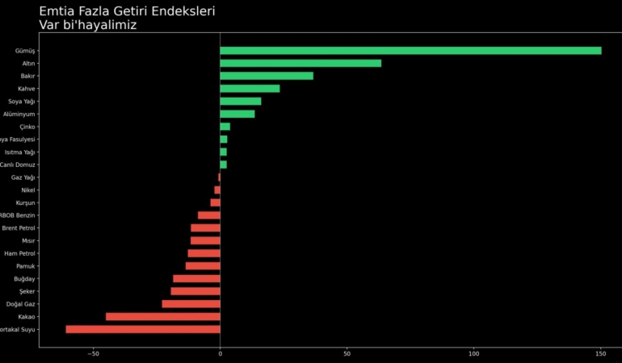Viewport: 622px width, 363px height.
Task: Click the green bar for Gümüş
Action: tap(410, 51)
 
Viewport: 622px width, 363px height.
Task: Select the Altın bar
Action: tap(300, 63)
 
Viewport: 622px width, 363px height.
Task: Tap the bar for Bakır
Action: tap(267, 76)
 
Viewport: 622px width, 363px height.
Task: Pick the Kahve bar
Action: tap(250, 89)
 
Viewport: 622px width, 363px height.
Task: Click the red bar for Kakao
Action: tap(162, 317)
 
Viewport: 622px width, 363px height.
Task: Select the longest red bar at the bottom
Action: tap(143, 329)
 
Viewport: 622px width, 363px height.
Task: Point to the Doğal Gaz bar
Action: tap(191, 304)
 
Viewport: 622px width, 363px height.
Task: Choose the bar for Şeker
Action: tap(195, 291)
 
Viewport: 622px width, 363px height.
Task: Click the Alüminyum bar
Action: tap(237, 114)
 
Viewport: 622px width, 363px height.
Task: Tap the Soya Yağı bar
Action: tap(241, 101)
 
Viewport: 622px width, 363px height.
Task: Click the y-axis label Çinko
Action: tap(27, 127)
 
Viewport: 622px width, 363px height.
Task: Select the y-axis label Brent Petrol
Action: tap(19, 228)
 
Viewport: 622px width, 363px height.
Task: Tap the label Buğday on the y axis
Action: tap(25, 279)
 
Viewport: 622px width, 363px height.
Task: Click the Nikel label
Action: tap(28, 190)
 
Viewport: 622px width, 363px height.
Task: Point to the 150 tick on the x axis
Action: tap(600, 353)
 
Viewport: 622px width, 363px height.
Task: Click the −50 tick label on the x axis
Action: tap(93, 353)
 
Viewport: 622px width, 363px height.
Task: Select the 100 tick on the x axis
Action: tap(473, 353)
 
